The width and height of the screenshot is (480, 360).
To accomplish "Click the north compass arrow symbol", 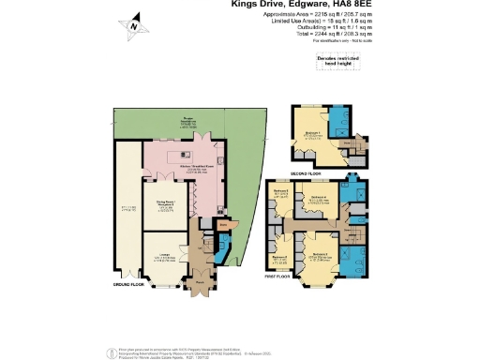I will point(135,25).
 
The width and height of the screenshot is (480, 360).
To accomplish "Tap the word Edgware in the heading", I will point(307,5).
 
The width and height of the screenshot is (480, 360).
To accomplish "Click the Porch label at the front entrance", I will point(200,277).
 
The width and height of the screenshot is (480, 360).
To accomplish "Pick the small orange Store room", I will point(223,225).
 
